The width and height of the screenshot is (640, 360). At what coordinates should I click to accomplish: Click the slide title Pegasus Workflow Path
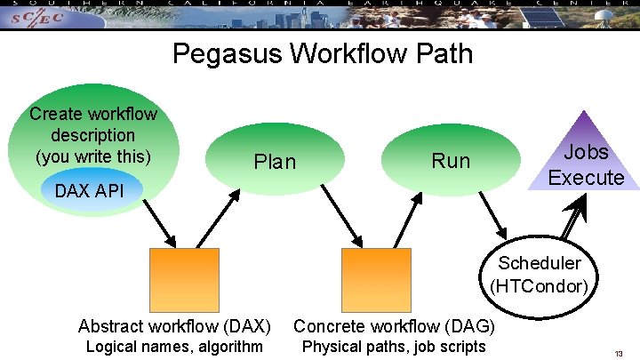point(322,55)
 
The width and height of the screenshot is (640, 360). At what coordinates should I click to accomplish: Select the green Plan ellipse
point(275,161)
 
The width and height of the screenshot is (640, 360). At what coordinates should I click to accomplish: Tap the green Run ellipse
point(450,160)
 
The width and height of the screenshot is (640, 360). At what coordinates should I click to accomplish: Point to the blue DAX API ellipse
point(89,190)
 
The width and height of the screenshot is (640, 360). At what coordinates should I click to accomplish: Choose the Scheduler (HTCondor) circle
point(539,274)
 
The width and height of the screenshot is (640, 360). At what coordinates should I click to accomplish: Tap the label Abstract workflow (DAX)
point(174,326)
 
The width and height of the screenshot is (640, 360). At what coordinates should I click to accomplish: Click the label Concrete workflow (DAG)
point(394,326)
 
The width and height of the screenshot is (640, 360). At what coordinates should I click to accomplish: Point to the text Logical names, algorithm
point(174,346)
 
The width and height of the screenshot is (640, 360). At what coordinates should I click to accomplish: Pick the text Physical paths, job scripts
point(394,346)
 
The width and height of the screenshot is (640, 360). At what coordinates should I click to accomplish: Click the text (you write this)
point(93,156)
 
